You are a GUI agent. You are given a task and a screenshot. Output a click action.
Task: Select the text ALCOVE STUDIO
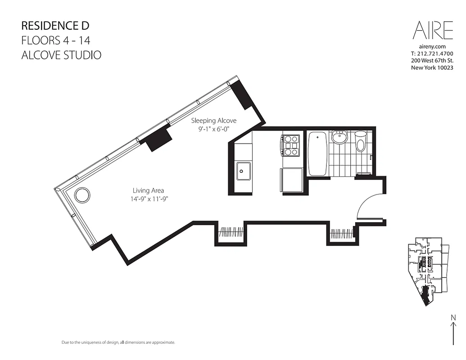click(61, 55)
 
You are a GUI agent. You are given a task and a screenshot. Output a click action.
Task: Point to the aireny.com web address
click(432, 46)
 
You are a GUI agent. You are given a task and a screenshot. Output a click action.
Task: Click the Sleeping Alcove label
click(213, 121)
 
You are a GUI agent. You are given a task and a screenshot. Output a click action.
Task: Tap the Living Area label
click(148, 190)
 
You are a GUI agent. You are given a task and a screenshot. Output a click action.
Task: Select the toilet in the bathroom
click(361, 141)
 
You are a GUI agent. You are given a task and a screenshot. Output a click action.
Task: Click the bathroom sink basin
click(339, 137)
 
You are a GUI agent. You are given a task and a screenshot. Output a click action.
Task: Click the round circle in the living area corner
click(82, 195)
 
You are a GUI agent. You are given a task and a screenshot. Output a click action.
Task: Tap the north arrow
click(453, 330)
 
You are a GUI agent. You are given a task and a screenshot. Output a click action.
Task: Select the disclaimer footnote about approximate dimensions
click(118, 343)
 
